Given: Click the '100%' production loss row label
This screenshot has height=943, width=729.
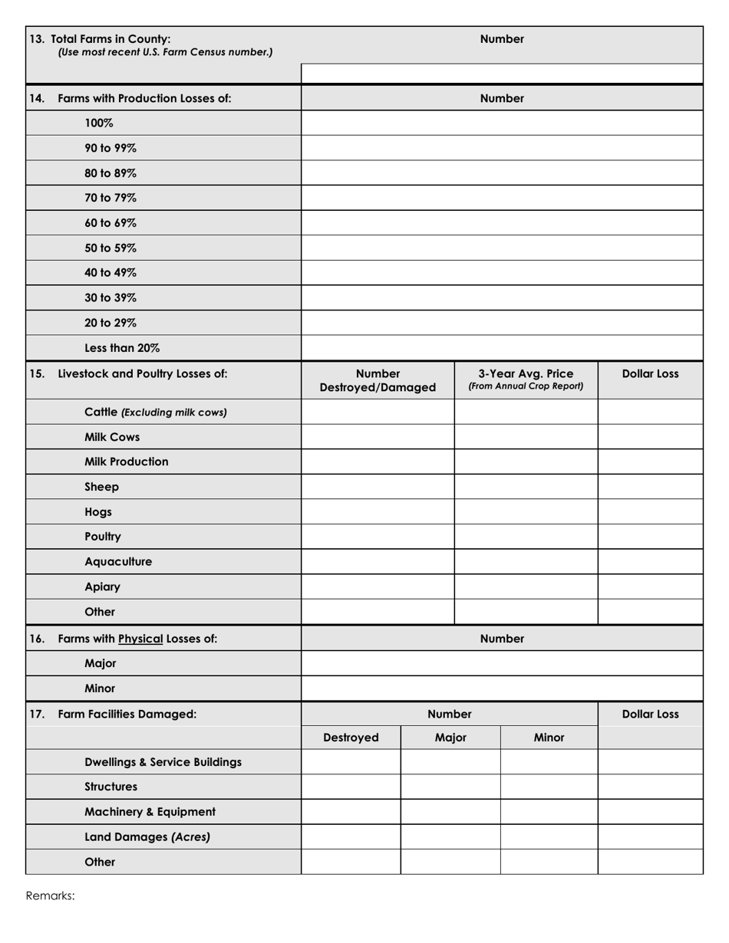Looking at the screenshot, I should tap(99, 123).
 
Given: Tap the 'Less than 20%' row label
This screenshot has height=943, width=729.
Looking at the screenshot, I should tap(122, 347).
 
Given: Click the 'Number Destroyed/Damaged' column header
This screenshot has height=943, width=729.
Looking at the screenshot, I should tap(378, 380).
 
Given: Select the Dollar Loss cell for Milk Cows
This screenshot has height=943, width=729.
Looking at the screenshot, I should tap(649, 437).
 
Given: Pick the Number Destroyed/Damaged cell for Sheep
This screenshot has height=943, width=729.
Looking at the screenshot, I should tap(378, 487).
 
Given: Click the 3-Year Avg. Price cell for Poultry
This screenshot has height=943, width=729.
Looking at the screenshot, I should tap(526, 537).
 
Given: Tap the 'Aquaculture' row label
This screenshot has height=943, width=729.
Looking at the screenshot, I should tap(117, 561).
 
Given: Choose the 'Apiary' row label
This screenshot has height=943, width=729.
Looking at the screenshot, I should tap(102, 586).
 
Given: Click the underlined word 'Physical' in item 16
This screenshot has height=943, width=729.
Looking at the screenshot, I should tap(141, 638).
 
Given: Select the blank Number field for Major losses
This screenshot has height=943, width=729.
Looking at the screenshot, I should tap(502, 663).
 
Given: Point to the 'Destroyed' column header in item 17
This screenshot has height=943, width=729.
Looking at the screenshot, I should tap(351, 738).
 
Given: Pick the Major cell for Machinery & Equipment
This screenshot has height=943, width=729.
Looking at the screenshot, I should tap(450, 812).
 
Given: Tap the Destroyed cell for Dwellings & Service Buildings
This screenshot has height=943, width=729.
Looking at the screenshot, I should tap(351, 762).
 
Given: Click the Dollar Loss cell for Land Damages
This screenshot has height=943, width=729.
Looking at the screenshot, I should tap(649, 836).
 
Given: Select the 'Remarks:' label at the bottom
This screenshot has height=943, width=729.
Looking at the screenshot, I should tap(51, 895).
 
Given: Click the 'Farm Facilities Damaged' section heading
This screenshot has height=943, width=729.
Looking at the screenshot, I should tap(127, 714).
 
